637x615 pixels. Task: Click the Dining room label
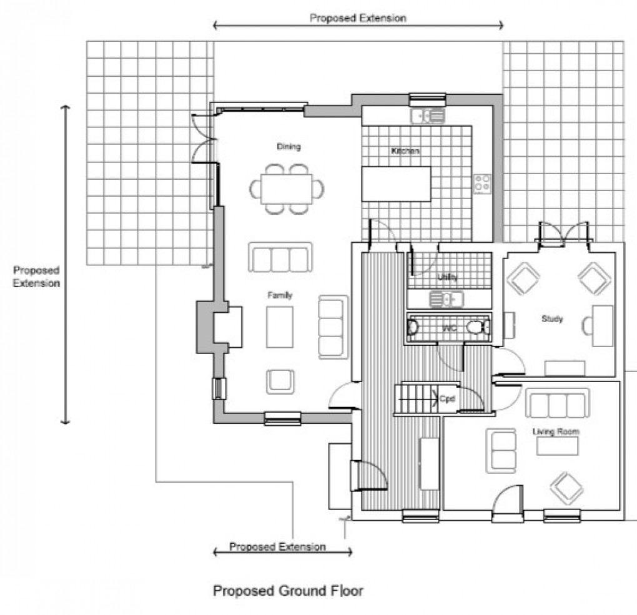click(x=289, y=147)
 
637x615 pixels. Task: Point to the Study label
click(x=552, y=319)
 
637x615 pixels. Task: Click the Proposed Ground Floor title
click(x=288, y=590)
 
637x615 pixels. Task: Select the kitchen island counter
click(x=397, y=184)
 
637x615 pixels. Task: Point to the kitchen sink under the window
click(x=428, y=116)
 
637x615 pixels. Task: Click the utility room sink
click(x=447, y=299)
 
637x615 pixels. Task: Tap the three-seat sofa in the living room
click(x=556, y=404)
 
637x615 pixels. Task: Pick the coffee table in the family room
click(x=279, y=327)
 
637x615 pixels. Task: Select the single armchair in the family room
click(x=280, y=381)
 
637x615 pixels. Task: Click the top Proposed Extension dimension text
click(x=358, y=18)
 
